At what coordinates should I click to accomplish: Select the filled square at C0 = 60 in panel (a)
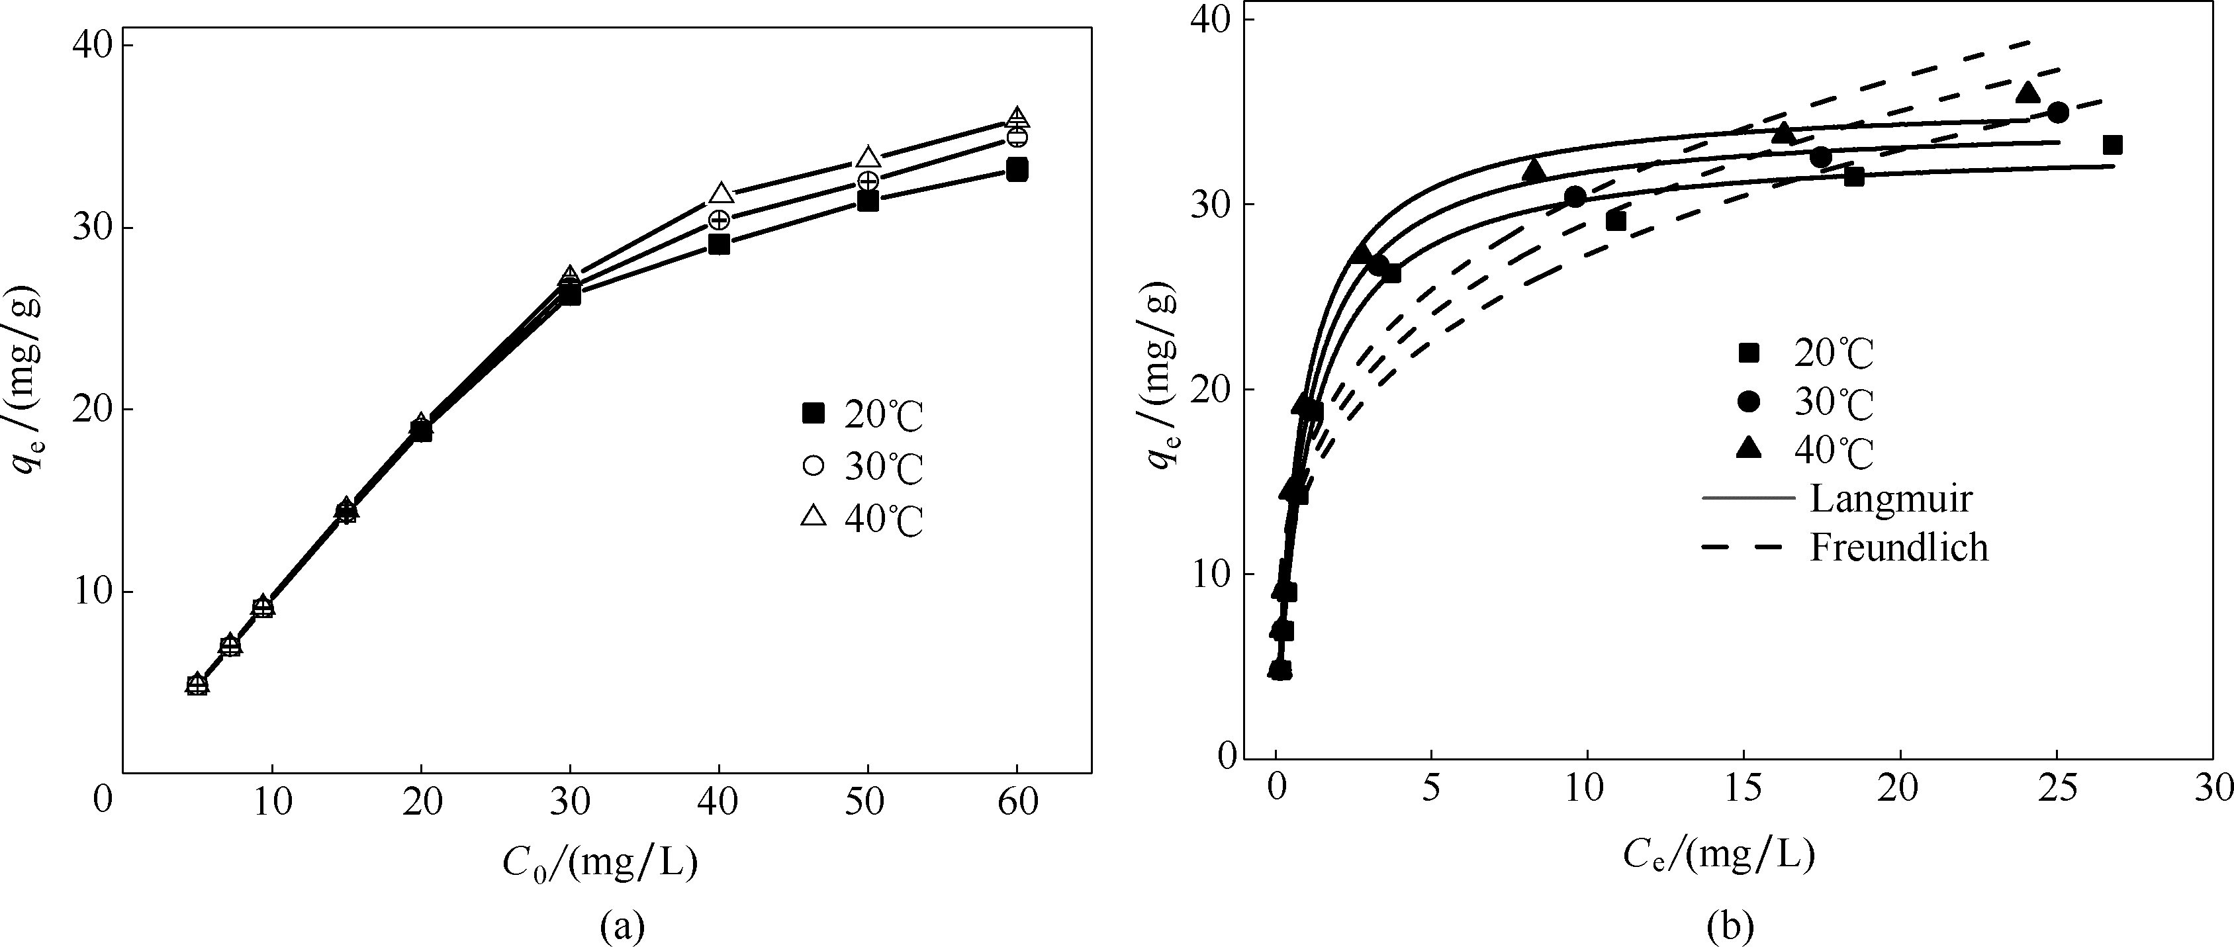click(1017, 169)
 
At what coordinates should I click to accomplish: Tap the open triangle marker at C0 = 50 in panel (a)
click(868, 158)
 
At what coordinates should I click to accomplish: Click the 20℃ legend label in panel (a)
click(884, 417)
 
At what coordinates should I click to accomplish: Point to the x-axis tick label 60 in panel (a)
click(1017, 802)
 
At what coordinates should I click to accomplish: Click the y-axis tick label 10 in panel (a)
click(95, 592)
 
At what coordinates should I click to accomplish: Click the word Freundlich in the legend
click(1898, 547)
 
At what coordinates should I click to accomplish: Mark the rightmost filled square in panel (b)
click(2113, 145)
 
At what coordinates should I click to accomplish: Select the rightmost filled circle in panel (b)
click(2058, 112)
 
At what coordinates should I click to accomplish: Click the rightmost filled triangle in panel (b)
click(2027, 93)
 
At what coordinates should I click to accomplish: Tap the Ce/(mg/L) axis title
click(1719, 855)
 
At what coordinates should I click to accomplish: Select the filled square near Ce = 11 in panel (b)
click(1615, 221)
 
